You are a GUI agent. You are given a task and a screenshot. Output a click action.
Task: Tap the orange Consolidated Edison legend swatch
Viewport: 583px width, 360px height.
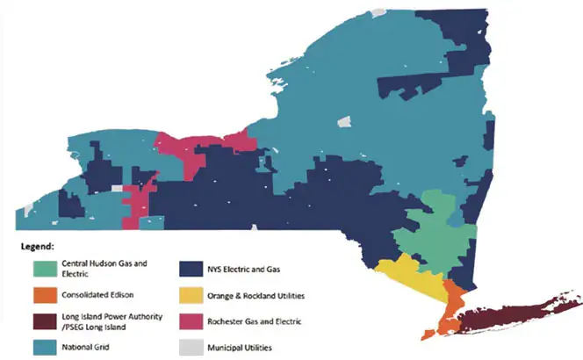(42, 294)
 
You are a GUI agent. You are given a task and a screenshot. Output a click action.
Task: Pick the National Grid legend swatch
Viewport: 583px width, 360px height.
(42, 348)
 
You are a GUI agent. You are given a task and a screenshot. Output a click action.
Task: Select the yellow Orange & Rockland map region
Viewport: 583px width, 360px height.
(414, 276)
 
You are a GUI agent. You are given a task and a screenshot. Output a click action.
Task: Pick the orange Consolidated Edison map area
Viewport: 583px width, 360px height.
(451, 303)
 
